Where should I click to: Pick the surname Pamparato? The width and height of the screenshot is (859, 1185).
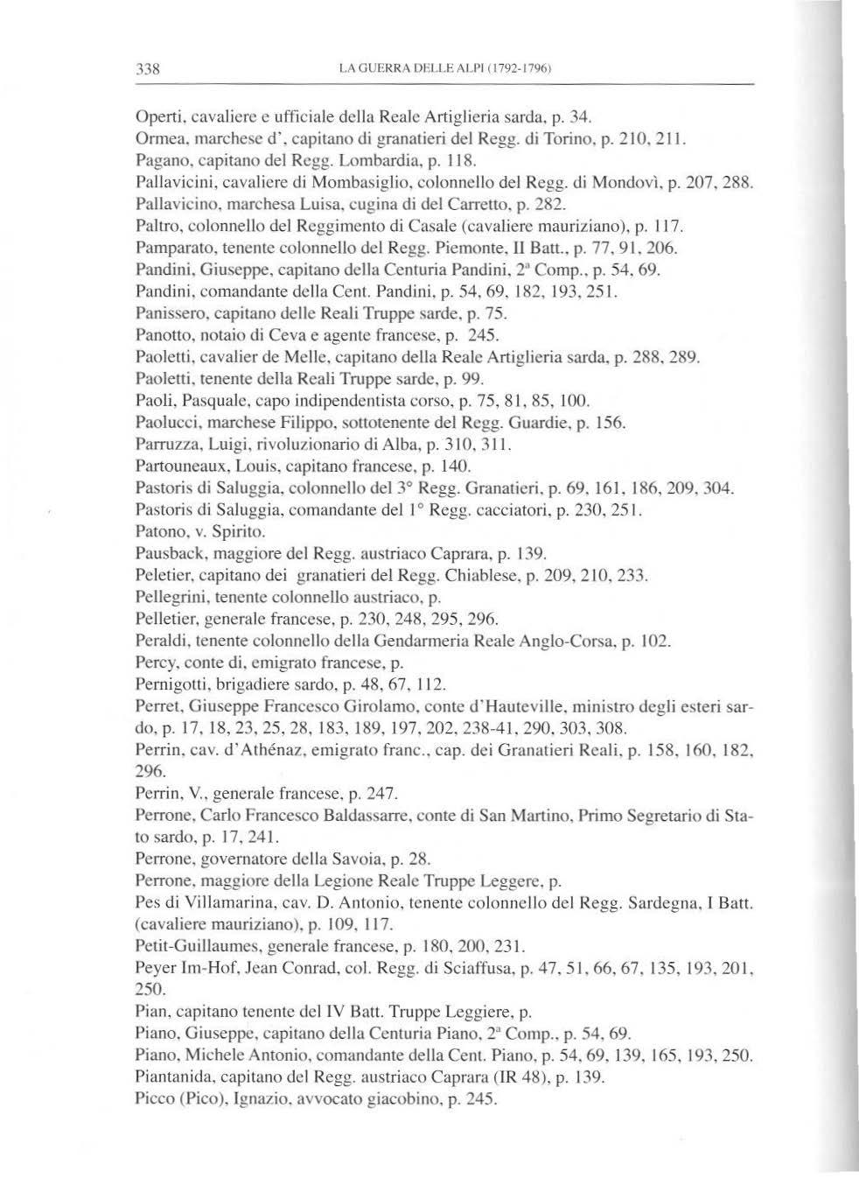point(170,254)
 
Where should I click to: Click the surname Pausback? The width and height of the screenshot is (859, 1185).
point(168,553)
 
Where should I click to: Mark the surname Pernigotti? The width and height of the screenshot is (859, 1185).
point(171,684)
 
